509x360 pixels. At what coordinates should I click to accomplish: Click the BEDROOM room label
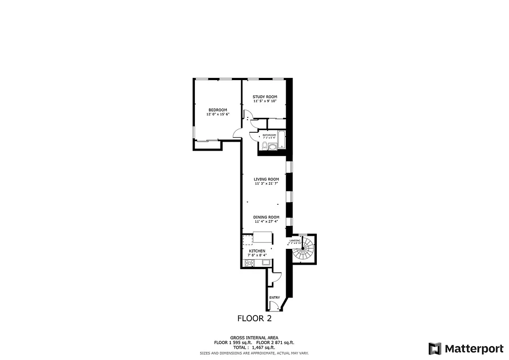click(217, 110)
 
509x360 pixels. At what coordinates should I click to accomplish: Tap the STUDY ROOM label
click(265, 97)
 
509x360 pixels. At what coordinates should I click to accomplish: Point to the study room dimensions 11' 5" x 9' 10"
click(265, 101)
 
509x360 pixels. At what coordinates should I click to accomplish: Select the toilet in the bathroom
click(264, 145)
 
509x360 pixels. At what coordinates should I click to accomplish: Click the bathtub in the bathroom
click(281, 139)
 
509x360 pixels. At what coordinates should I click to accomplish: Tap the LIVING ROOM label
click(266, 179)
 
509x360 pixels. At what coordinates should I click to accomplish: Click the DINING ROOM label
click(266, 217)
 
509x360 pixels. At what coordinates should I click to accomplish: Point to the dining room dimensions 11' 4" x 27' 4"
click(266, 222)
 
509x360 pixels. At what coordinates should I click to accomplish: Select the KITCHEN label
click(257, 251)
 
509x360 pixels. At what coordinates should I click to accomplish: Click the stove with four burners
click(249, 263)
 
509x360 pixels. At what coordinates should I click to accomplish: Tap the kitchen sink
click(265, 263)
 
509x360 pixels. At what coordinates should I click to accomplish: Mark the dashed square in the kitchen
click(248, 239)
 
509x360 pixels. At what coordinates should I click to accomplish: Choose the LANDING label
click(295, 241)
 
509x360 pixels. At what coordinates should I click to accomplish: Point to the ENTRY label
click(275, 297)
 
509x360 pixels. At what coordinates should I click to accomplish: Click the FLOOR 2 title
click(254, 319)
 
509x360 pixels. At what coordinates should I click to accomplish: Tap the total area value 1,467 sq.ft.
click(263, 347)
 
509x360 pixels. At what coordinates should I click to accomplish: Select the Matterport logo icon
click(435, 349)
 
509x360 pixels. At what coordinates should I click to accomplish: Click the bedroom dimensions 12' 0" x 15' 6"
click(217, 114)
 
